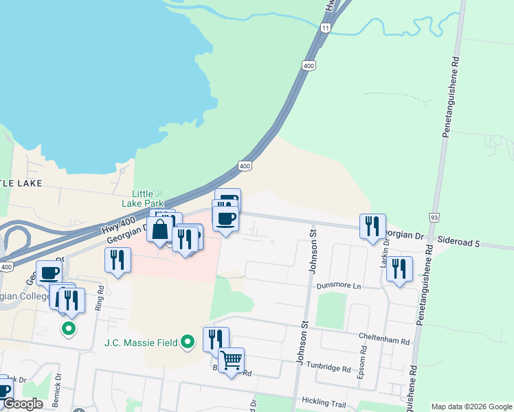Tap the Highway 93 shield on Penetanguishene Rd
click(x=434, y=218)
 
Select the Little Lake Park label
click(x=143, y=198)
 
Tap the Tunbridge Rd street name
click(x=329, y=367)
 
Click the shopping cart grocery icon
click(x=231, y=360)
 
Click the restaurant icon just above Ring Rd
click(x=118, y=260)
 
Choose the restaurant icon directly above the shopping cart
click(x=215, y=339)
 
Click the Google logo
click(x=23, y=404)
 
